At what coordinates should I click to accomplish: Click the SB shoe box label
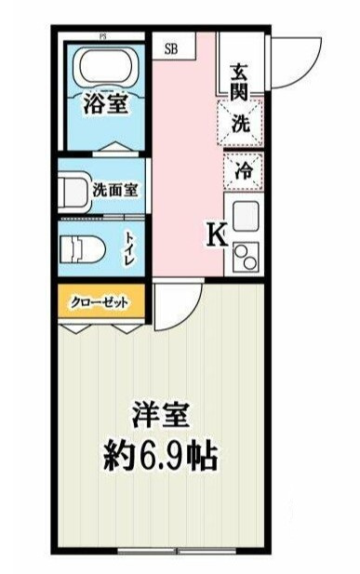coord(170,49)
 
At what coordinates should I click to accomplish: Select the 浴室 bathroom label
coord(106,103)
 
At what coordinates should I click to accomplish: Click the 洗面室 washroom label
coord(114,190)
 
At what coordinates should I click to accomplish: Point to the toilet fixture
coord(83,251)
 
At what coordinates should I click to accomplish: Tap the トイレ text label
coord(131,248)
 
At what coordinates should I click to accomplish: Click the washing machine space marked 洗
coord(241,124)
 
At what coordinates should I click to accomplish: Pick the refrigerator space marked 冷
coord(244,171)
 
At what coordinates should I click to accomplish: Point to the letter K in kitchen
coord(218,234)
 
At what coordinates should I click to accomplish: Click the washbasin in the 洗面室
coord(73,191)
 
